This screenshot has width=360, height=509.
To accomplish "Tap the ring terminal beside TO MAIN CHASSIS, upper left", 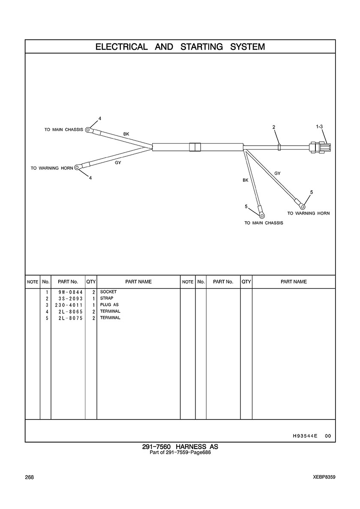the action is coord(88,130).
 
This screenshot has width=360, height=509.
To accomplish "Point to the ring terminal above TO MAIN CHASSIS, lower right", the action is coord(261,215).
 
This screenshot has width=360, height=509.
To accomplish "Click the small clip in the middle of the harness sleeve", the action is coord(195,147).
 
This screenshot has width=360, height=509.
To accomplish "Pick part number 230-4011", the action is coord(69,305).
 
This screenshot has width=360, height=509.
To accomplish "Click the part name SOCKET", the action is coord(108,292).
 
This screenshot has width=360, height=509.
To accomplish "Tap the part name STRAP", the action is coord(106,298).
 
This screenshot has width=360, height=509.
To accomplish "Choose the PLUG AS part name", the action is coord(109,305).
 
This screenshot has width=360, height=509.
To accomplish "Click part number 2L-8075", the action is coord(70,318).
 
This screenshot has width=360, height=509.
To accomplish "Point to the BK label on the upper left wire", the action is coord(126,134).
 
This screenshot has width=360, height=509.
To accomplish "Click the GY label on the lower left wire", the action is coord(118,163).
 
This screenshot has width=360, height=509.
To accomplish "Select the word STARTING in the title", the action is coord(201,47).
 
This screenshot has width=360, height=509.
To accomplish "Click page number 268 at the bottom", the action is coord(29,477).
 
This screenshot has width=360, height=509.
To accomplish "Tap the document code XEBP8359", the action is coord(324,477).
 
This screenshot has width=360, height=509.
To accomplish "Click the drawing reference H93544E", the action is coord(305,436).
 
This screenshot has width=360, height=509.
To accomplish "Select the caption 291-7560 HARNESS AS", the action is coord(180,447).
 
